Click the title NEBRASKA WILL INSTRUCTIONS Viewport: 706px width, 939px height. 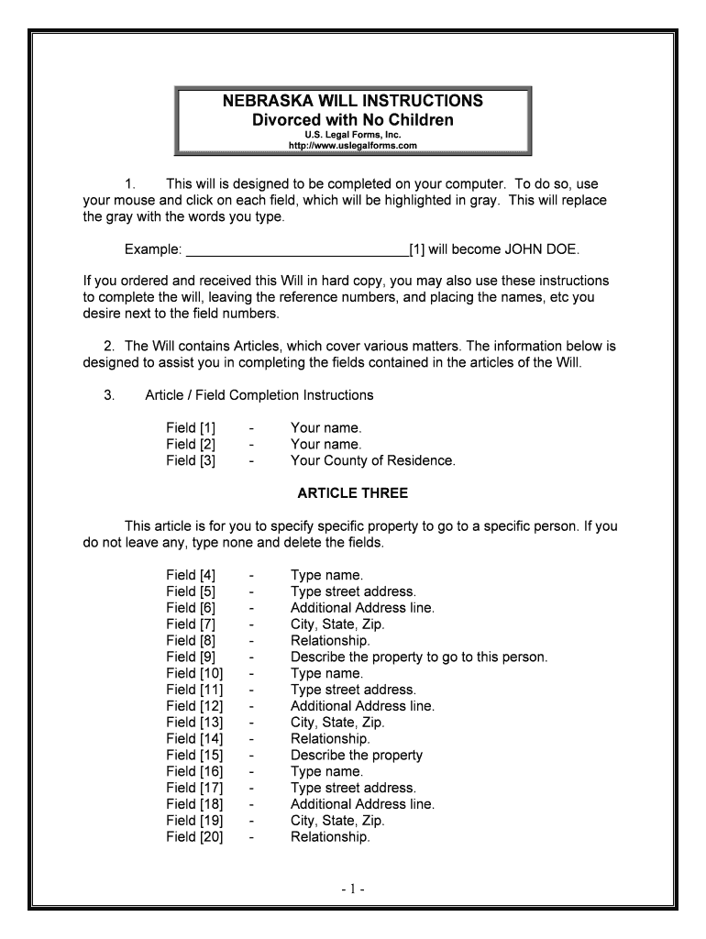click(353, 101)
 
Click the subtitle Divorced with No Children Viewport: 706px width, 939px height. click(353, 120)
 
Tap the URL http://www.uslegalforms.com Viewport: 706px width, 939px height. click(353, 146)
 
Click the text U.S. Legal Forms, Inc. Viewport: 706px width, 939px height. click(353, 135)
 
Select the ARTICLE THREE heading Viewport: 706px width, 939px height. click(353, 493)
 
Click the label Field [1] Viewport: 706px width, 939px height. click(191, 428)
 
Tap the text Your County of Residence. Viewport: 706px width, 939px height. click(372, 461)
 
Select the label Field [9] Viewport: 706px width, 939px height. click(191, 657)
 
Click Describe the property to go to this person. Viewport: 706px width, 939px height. click(418, 657)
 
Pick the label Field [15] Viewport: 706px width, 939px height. click(194, 756)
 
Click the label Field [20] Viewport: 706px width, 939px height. click(194, 837)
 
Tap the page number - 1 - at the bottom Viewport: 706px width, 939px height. click(353, 889)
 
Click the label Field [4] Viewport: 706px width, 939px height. click(191, 576)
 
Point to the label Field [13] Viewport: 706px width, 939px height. click(194, 723)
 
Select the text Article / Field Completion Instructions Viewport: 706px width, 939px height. click(259, 395)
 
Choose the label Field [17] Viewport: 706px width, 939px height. click(194, 788)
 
